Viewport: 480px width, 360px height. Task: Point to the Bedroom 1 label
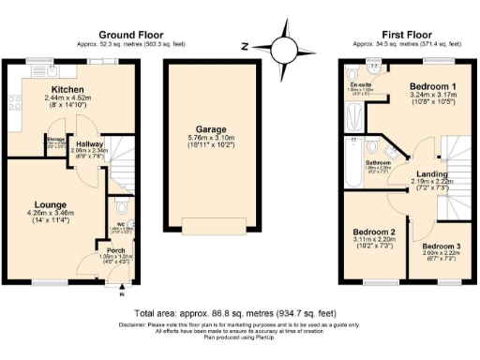pyautogui.click(x=433, y=86)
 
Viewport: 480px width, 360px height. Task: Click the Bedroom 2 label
pyautogui.click(x=372, y=231)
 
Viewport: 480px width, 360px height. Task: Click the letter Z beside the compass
pyautogui.click(x=243, y=45)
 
